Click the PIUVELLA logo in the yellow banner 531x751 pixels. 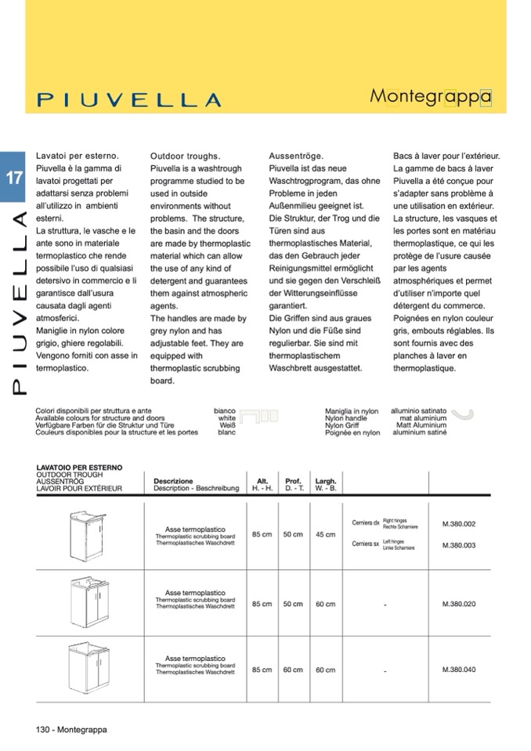coord(129,100)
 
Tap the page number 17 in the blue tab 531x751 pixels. coord(14,177)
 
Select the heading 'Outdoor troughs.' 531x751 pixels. coord(185,156)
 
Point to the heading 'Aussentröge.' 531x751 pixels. coord(296,156)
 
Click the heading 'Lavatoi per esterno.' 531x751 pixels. coord(77,156)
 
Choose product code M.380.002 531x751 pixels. coord(459,524)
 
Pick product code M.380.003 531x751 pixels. coord(459,545)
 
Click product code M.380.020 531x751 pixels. coord(459,604)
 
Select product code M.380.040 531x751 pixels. coord(459,670)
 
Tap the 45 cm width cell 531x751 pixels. coord(325,535)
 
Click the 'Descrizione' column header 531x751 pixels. coord(173,481)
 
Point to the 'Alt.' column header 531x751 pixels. coord(262,481)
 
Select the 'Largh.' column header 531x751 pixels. coord(325,481)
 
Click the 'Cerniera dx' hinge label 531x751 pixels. coord(366,522)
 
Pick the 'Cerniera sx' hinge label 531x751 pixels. coord(366,543)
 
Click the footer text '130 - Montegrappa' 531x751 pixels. coord(71,729)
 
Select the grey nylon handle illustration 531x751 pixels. coord(464,416)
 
